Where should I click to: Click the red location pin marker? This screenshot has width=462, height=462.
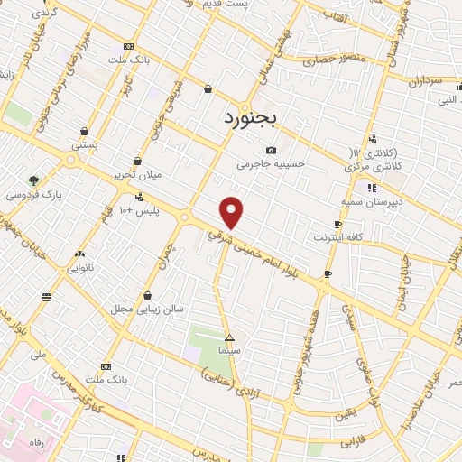click(x=232, y=212)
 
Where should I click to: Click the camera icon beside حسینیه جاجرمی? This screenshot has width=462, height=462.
click(x=271, y=150)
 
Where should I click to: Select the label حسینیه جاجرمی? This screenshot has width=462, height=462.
click(x=272, y=164)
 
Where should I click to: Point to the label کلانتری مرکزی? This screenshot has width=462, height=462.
click(x=373, y=168)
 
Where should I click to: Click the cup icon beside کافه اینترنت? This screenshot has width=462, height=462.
click(x=337, y=224)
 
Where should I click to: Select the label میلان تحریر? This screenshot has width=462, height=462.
click(x=136, y=173)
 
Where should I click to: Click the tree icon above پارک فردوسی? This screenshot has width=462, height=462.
click(x=34, y=180)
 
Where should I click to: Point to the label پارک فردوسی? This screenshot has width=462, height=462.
click(x=30, y=194)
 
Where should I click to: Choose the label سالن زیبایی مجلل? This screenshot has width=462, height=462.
click(x=147, y=309)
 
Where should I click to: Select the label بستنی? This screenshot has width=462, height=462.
click(x=86, y=144)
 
